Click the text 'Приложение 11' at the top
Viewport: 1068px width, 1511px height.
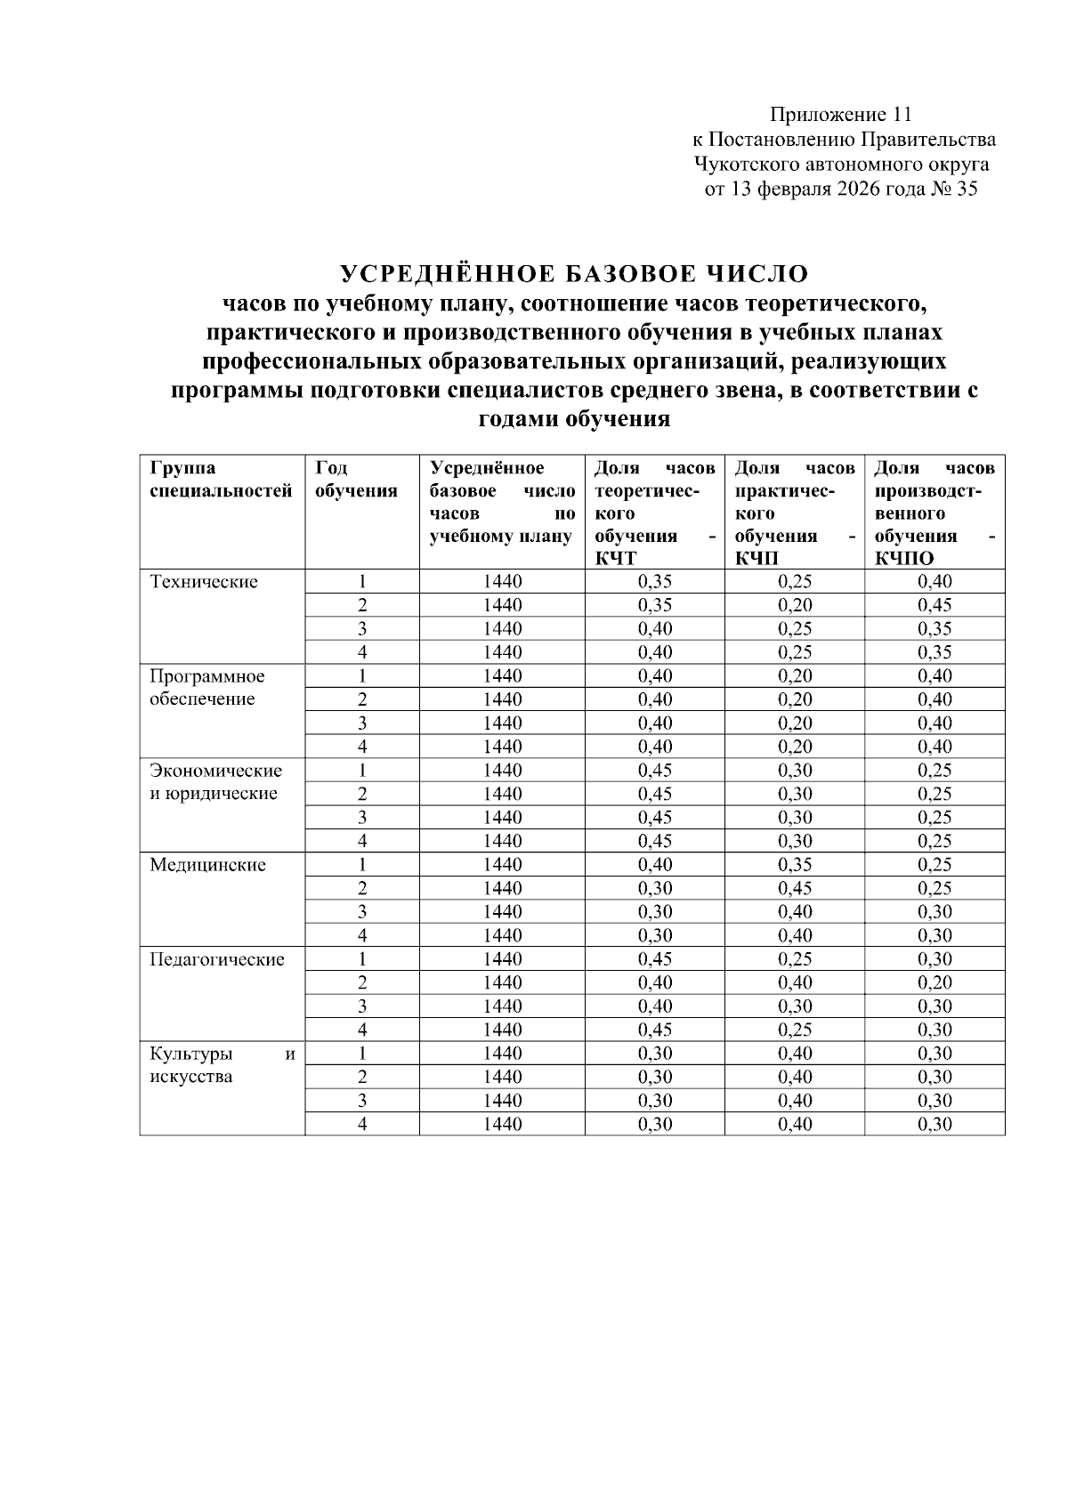(841, 115)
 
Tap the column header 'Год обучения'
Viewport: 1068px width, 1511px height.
(355, 480)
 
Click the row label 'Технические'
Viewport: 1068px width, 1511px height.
(204, 582)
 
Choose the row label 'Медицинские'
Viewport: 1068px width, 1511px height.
(207, 865)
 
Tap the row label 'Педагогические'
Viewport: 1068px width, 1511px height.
(217, 959)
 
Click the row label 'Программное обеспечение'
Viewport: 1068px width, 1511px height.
(206, 688)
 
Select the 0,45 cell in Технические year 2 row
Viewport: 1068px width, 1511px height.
(934, 606)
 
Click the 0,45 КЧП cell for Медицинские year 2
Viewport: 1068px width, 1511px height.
(795, 889)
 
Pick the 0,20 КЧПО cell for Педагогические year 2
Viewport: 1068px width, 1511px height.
(934, 983)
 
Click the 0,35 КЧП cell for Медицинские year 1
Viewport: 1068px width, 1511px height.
(795, 865)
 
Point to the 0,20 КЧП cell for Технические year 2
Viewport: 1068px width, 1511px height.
(795, 606)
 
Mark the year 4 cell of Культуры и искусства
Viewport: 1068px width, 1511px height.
(362, 1125)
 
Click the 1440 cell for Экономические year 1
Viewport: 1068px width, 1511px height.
(502, 771)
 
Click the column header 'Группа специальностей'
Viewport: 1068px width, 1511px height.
(221, 480)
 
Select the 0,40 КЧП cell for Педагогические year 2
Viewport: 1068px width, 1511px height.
(795, 983)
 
